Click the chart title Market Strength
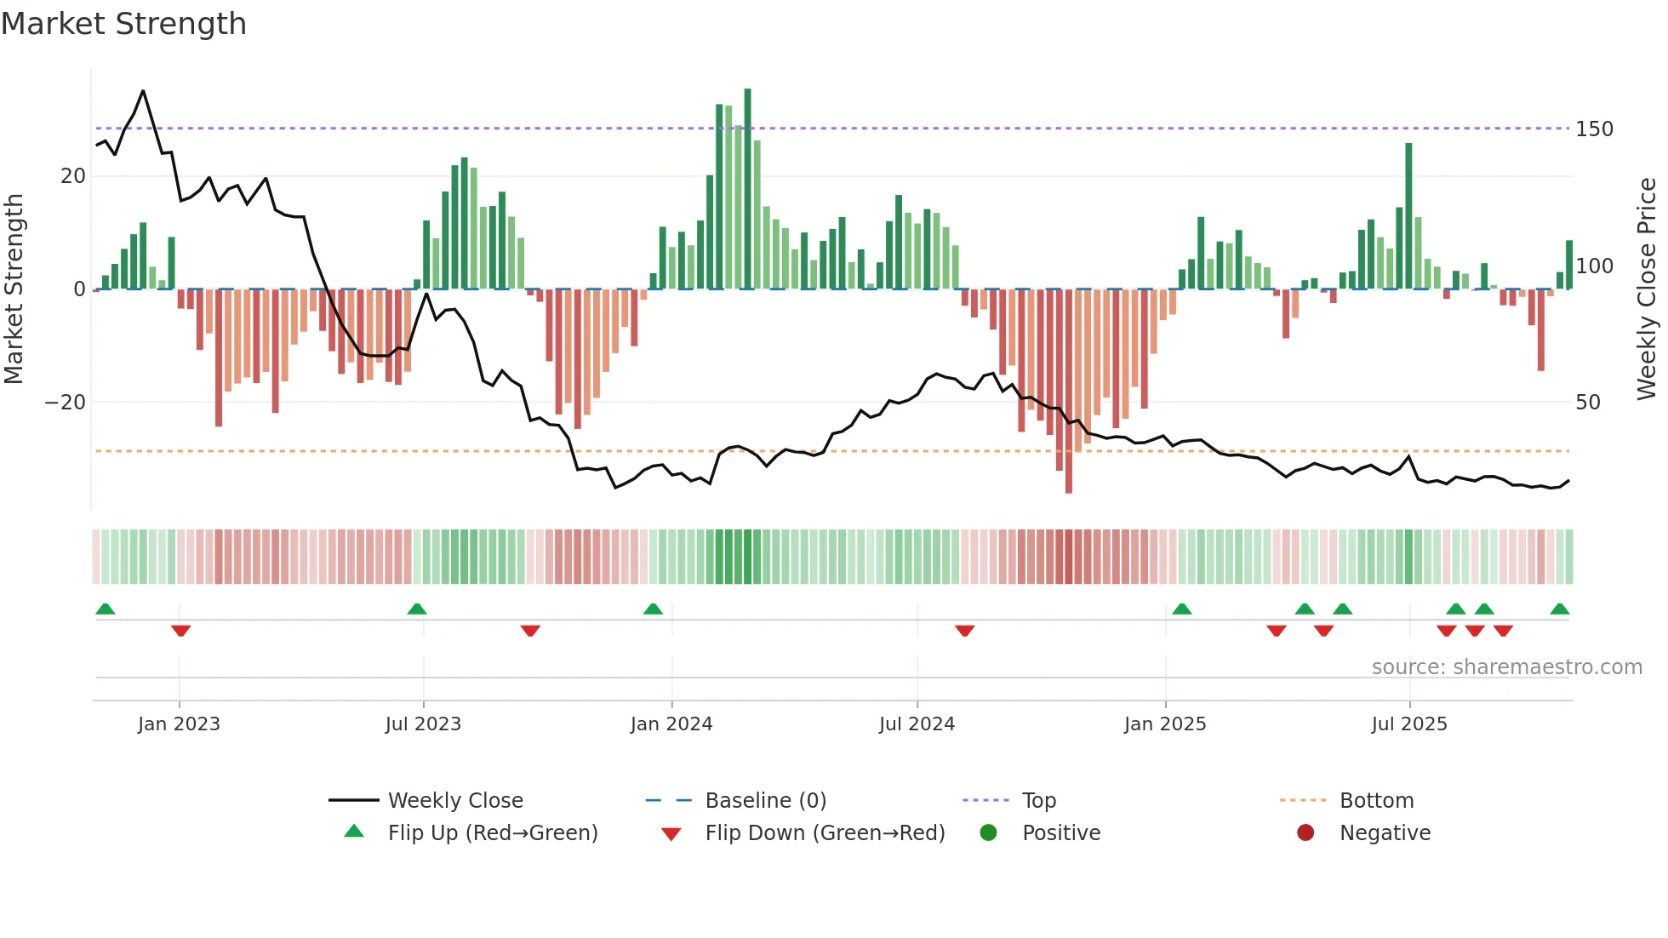pyautogui.click(x=123, y=24)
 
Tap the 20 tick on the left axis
pyautogui.click(x=73, y=176)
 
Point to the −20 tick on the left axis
pyautogui.click(x=66, y=403)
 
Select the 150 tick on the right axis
pyautogui.click(x=1593, y=129)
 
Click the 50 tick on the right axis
pyautogui.click(x=1587, y=403)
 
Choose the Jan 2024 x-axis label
pyautogui.click(x=671, y=724)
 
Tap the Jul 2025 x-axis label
pyautogui.click(x=1408, y=724)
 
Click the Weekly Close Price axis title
pyautogui.click(x=1647, y=289)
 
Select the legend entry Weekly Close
pyautogui.click(x=454, y=801)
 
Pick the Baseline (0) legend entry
pyautogui.click(x=765, y=801)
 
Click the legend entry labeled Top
pyautogui.click(x=1038, y=801)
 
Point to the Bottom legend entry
pyautogui.click(x=1376, y=801)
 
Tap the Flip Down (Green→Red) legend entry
pyautogui.click(x=824, y=833)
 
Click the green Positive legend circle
pyautogui.click(x=988, y=833)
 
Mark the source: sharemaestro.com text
pyautogui.click(x=1506, y=667)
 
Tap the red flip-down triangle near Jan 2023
pyautogui.click(x=180, y=631)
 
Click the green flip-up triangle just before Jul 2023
pyautogui.click(x=416, y=609)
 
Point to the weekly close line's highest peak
pyautogui.click(x=143, y=91)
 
